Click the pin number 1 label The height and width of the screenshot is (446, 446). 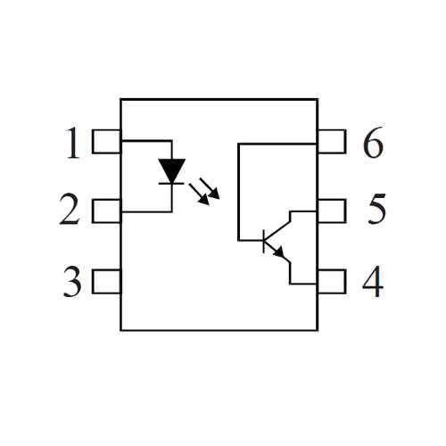(x=73, y=143)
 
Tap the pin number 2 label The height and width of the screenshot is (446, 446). (x=70, y=209)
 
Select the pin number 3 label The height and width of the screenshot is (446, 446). (x=72, y=281)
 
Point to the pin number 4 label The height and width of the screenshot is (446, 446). (x=373, y=281)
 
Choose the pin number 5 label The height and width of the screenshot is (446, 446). (x=377, y=209)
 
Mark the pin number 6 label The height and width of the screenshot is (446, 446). (x=373, y=142)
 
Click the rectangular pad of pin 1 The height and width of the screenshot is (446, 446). (x=106, y=142)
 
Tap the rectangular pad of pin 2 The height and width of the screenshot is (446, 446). (x=106, y=211)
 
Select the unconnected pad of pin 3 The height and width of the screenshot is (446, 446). (x=106, y=281)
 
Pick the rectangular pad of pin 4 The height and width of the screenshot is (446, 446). (x=332, y=281)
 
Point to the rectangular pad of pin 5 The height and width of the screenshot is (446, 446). (x=332, y=211)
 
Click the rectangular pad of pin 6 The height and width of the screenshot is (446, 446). (x=332, y=142)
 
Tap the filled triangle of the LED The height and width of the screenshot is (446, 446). (x=172, y=169)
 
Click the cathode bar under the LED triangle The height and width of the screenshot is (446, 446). (x=171, y=184)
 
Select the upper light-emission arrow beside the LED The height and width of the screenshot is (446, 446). (x=210, y=188)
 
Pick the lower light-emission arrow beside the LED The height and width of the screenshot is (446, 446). (x=199, y=194)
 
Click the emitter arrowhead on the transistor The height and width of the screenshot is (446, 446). (x=279, y=252)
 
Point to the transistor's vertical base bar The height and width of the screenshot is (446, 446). (x=264, y=241)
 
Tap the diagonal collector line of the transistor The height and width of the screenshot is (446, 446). (x=277, y=231)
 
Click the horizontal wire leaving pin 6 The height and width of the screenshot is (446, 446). (x=277, y=144)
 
